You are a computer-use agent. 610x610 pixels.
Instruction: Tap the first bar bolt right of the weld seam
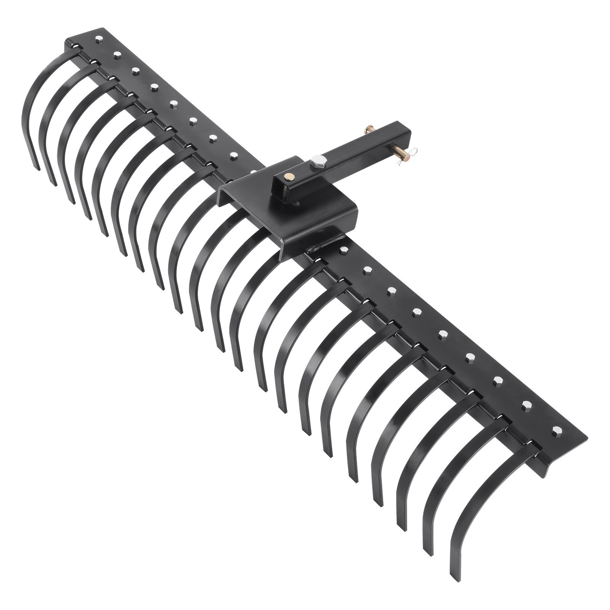344,250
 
